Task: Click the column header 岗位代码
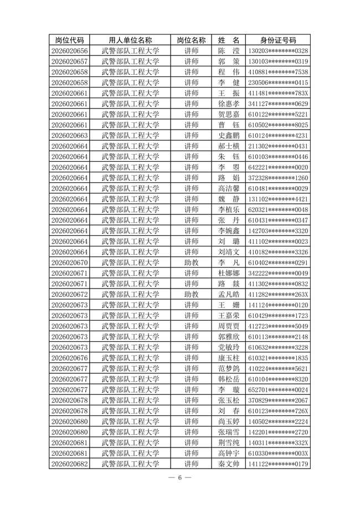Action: (69, 40)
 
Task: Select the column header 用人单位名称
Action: (131, 40)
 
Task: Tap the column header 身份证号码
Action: (278, 40)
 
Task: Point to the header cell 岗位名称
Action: (191, 40)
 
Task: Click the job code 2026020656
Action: (69, 51)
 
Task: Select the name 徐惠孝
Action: (229, 104)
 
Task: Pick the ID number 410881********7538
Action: (278, 72)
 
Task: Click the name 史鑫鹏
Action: (229, 136)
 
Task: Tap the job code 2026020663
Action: (69, 136)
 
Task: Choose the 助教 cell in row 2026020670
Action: (191, 263)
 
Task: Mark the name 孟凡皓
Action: (229, 294)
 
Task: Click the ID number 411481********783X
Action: (278, 93)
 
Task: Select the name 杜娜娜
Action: (229, 273)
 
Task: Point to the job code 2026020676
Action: (69, 358)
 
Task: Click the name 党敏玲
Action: (229, 347)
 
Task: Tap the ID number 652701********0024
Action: (278, 389)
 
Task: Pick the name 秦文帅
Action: (229, 464)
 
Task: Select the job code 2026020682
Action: (69, 464)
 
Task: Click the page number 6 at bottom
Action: (180, 477)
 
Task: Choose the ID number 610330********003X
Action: (278, 453)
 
